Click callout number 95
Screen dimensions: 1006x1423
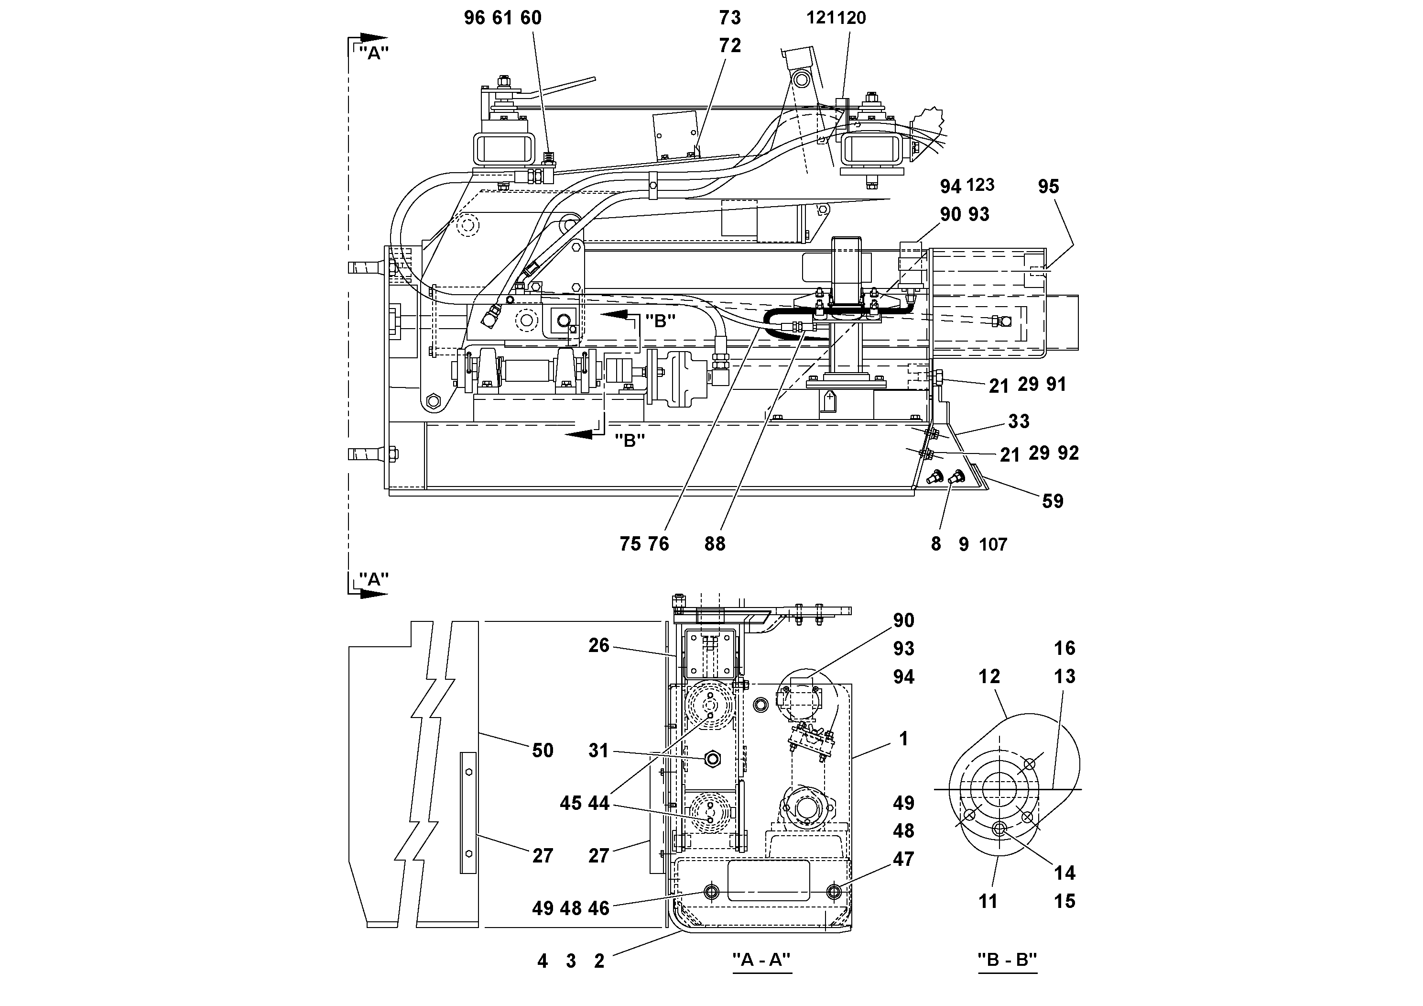(x=1048, y=186)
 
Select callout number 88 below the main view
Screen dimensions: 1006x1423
(x=714, y=544)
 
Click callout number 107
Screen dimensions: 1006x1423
(x=993, y=544)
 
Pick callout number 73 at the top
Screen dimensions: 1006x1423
(x=729, y=18)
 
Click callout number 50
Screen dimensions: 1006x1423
(x=543, y=751)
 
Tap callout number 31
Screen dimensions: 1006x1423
(x=598, y=751)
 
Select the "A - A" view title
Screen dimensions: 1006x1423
(x=761, y=960)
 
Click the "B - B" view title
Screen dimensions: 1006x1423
(x=1007, y=960)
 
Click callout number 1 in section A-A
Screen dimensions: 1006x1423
(x=903, y=739)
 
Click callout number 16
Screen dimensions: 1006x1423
(x=1064, y=648)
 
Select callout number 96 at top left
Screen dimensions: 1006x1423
(x=474, y=18)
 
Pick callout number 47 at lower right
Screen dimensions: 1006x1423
(x=903, y=859)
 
